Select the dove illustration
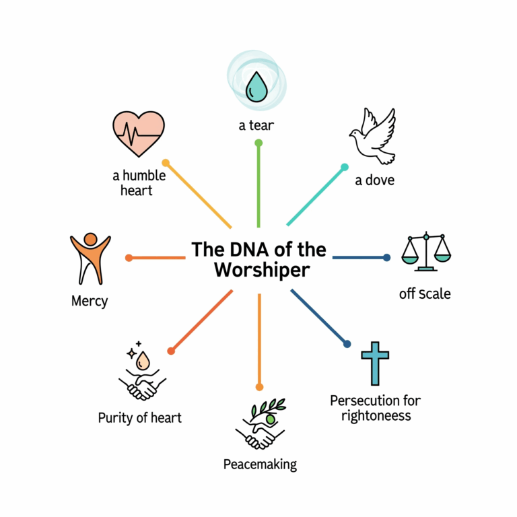click(373, 137)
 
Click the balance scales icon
click(426, 252)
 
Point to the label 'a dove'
click(375, 180)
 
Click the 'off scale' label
click(425, 294)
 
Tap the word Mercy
click(90, 300)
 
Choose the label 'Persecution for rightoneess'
click(376, 408)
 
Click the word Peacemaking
click(260, 464)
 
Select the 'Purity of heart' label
click(140, 417)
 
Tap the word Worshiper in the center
click(262, 271)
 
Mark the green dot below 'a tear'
click(258, 143)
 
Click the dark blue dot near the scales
click(386, 257)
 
